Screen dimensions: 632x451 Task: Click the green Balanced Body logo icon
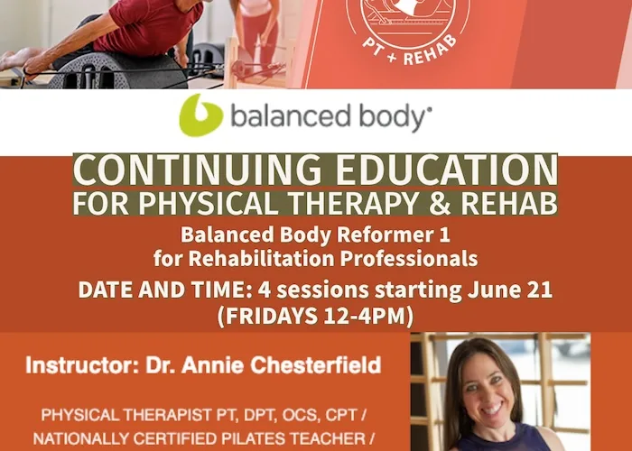(x=200, y=115)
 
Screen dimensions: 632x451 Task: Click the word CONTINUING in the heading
(x=198, y=170)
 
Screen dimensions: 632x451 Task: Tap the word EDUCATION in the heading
(x=447, y=170)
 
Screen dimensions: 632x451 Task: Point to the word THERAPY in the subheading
(x=354, y=204)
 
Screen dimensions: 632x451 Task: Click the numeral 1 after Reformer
(x=444, y=235)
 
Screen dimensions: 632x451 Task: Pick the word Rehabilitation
(x=262, y=258)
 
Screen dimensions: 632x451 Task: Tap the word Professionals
(x=409, y=258)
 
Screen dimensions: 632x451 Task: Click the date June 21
(x=509, y=290)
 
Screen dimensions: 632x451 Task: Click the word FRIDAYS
(x=271, y=316)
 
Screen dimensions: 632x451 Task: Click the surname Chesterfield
(x=316, y=365)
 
